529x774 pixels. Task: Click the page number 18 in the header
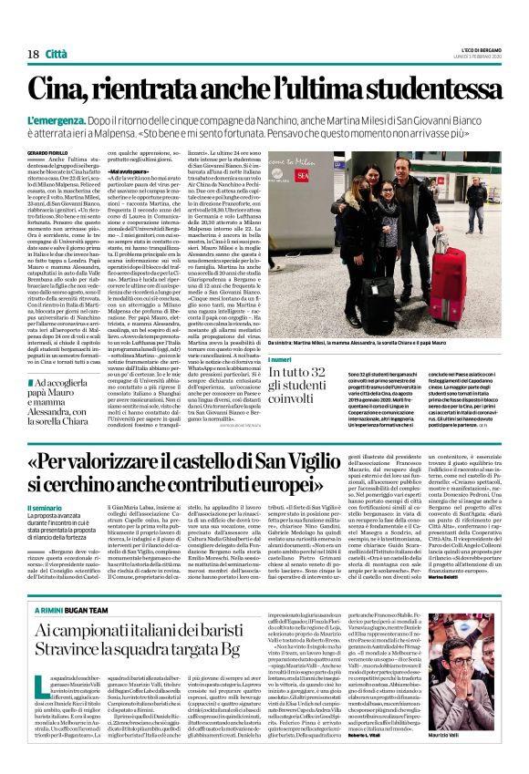33,55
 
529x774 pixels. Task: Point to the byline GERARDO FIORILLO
47,151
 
